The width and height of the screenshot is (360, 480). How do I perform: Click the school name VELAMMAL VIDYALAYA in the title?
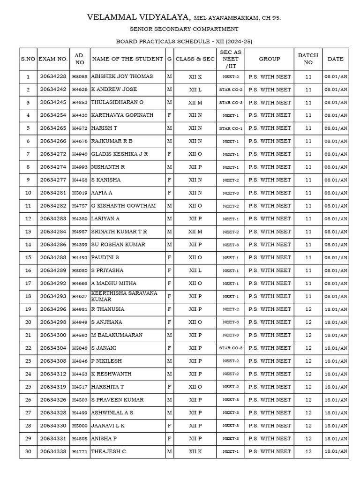click(138, 18)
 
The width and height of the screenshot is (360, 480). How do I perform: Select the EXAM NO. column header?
click(53, 59)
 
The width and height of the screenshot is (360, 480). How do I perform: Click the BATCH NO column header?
click(308, 59)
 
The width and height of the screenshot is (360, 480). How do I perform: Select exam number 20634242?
click(53, 90)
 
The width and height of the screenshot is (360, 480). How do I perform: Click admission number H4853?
click(80, 103)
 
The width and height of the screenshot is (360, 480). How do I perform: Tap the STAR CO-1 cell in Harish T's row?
click(231, 128)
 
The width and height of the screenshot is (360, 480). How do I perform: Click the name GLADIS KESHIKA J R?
click(120, 154)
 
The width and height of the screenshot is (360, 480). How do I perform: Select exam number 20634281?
click(53, 193)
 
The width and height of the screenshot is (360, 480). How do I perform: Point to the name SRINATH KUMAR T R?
click(119, 232)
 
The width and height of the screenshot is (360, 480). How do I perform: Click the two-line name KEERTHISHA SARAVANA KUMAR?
click(124, 296)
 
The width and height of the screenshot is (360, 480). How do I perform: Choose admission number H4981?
click(80, 309)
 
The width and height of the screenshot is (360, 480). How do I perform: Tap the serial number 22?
click(28, 348)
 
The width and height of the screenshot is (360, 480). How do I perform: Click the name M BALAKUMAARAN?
click(117, 335)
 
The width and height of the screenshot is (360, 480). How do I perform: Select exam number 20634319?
click(53, 387)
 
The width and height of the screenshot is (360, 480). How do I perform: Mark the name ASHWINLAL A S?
click(112, 412)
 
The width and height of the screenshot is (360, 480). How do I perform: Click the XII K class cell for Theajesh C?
click(195, 451)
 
